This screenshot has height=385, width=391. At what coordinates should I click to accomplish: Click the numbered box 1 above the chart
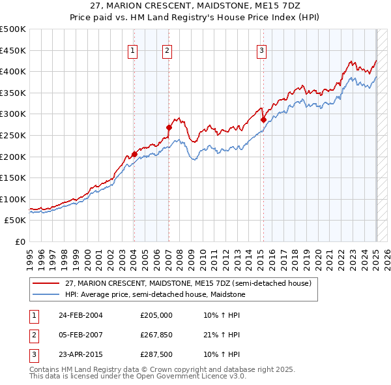132,50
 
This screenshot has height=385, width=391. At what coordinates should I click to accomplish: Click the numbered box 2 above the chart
167,50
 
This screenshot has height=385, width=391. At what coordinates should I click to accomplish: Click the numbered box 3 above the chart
261,50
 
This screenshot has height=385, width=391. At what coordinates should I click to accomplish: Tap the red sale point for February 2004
134,154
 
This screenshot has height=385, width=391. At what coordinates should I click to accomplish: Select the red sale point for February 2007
169,127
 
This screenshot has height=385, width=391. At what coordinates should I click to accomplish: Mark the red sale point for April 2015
264,119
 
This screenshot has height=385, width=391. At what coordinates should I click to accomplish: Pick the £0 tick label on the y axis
19,241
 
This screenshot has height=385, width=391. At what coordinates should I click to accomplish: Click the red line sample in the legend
47,284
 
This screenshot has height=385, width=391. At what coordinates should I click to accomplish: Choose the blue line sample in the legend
47,294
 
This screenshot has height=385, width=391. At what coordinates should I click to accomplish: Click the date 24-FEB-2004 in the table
81,315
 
